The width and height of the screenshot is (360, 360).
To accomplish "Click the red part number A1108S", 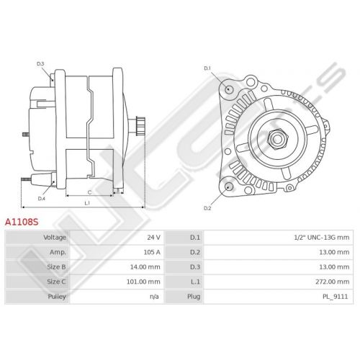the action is point(22,222).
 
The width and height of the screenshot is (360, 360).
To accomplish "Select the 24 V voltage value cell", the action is point(154,238).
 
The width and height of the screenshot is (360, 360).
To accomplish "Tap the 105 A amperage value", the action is point(152,252).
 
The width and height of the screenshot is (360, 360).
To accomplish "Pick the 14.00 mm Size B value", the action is point(145,267).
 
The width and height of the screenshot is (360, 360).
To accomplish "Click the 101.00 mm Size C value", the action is point(143,282).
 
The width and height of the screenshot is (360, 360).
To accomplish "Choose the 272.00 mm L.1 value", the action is point(333,282).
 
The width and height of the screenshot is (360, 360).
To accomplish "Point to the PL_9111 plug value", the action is point(336,297).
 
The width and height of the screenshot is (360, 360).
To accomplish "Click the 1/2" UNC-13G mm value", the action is point(322,238).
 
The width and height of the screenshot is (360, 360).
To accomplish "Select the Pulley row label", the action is point(57,297).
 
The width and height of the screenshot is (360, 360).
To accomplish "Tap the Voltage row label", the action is point(55,238).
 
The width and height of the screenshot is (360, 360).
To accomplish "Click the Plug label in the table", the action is point(194,297).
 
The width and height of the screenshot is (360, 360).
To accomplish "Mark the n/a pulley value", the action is point(154,297).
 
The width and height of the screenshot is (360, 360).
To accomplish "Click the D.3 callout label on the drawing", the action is point(40,64).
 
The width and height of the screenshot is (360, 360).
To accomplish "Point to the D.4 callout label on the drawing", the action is point(42,199).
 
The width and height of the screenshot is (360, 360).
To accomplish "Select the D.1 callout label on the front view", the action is point(207,68).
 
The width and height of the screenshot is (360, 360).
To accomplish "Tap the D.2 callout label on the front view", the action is point(207,208).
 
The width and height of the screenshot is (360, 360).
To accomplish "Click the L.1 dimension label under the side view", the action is point(87,203).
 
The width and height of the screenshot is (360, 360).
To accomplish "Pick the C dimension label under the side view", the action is point(89,192).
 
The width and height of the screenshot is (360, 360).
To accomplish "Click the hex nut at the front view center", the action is point(277,139).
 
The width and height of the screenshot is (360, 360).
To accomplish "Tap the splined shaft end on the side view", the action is point(140,126).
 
